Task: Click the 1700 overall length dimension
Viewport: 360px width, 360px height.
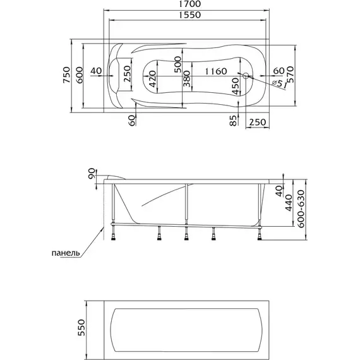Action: click(190, 4)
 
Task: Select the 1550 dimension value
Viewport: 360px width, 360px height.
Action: click(190, 15)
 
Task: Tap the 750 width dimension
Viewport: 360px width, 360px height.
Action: click(66, 75)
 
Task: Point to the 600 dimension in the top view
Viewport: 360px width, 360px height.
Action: click(79, 75)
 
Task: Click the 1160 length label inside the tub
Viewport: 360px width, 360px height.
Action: click(216, 71)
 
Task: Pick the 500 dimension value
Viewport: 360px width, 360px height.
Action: click(177, 64)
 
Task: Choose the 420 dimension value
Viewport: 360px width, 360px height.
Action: click(152, 79)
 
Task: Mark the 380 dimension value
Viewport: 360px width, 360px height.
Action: click(187, 79)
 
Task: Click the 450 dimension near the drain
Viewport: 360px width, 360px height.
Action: click(235, 86)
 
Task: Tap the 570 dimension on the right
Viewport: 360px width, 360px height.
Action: click(291, 75)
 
